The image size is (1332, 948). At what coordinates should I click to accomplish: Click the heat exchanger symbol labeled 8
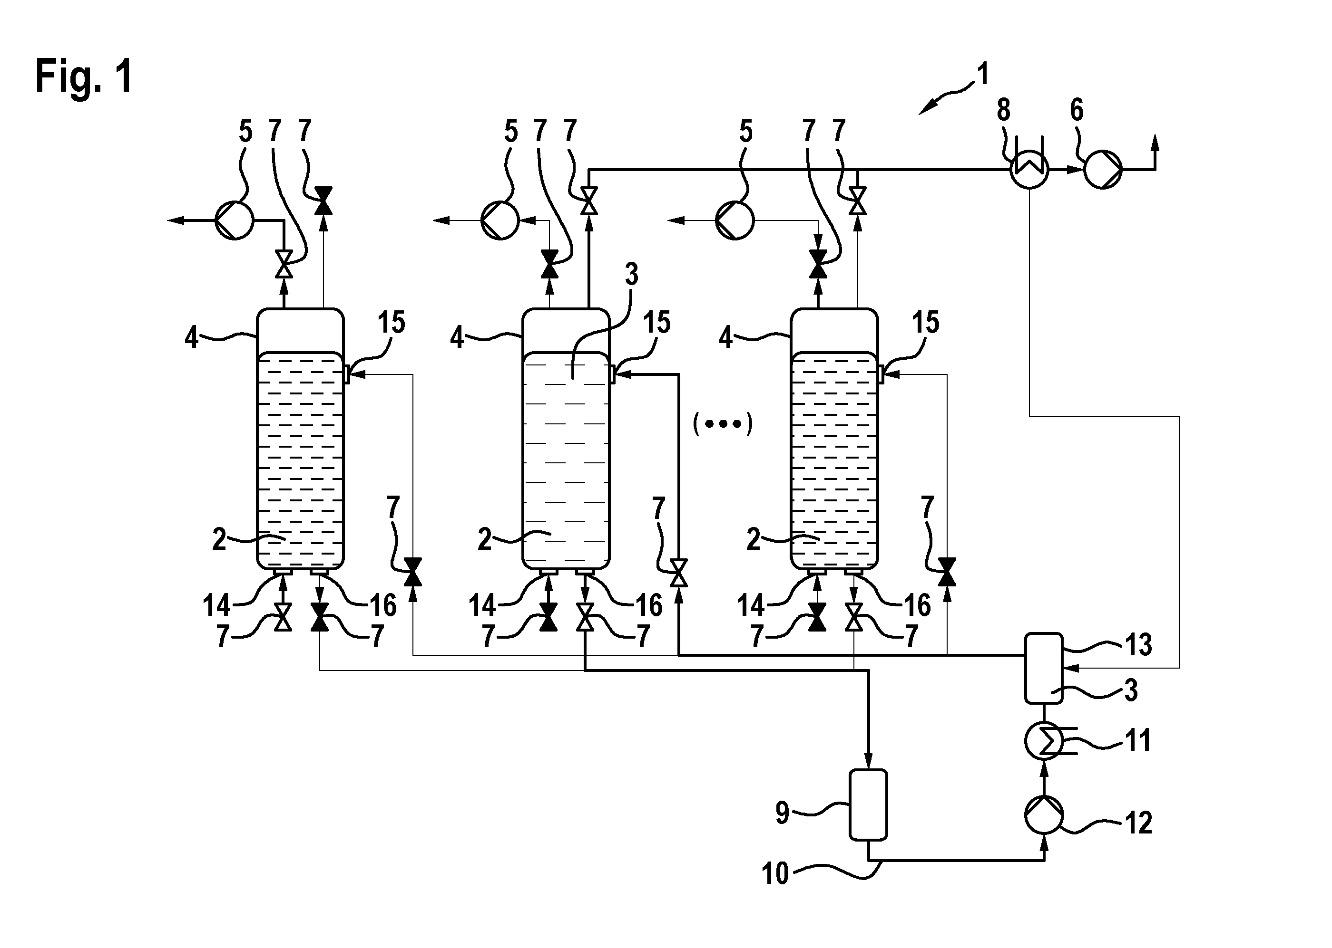[x=1029, y=169]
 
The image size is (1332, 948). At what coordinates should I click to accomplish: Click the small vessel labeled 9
[x=868, y=805]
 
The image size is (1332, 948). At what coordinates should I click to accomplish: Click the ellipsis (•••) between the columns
[x=723, y=424]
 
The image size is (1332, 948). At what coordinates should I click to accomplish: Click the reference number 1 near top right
[x=983, y=75]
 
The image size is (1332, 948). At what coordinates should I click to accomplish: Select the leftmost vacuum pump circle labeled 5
[x=234, y=220]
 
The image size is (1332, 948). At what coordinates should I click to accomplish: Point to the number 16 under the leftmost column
[x=383, y=605]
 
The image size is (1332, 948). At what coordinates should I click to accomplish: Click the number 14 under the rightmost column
[x=751, y=605]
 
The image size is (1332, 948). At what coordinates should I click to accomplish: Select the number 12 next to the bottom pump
[x=1138, y=823]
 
